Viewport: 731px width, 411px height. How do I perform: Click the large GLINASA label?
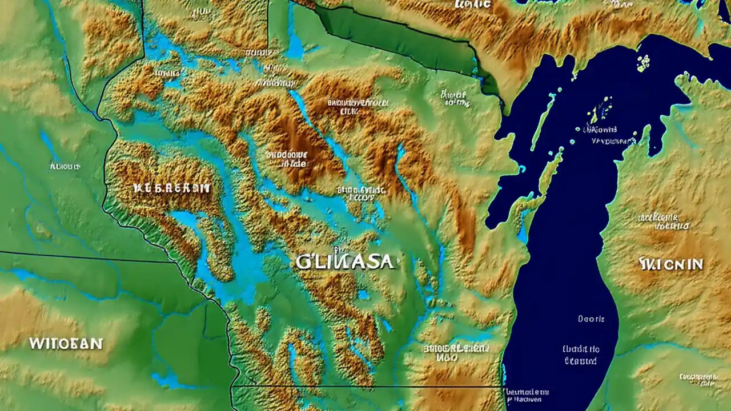345,261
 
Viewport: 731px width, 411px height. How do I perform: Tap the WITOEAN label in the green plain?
66,344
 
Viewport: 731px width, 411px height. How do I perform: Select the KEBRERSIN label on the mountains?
171,188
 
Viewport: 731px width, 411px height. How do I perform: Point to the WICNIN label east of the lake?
671,264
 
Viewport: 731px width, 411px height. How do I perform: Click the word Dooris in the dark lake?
591,319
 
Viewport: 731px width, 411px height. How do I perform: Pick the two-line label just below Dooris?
581,354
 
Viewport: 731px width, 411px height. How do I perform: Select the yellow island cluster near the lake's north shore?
644,62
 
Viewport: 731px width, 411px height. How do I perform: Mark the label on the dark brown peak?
287,159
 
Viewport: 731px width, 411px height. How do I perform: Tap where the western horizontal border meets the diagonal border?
174,263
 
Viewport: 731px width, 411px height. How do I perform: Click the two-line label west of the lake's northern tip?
455,98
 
